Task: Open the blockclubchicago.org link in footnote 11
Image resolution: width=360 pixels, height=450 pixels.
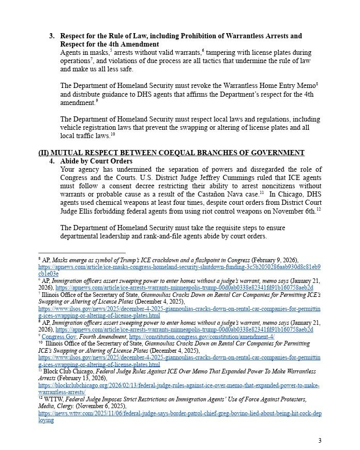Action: click(178, 385)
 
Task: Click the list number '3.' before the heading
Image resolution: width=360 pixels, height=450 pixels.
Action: click(52, 36)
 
